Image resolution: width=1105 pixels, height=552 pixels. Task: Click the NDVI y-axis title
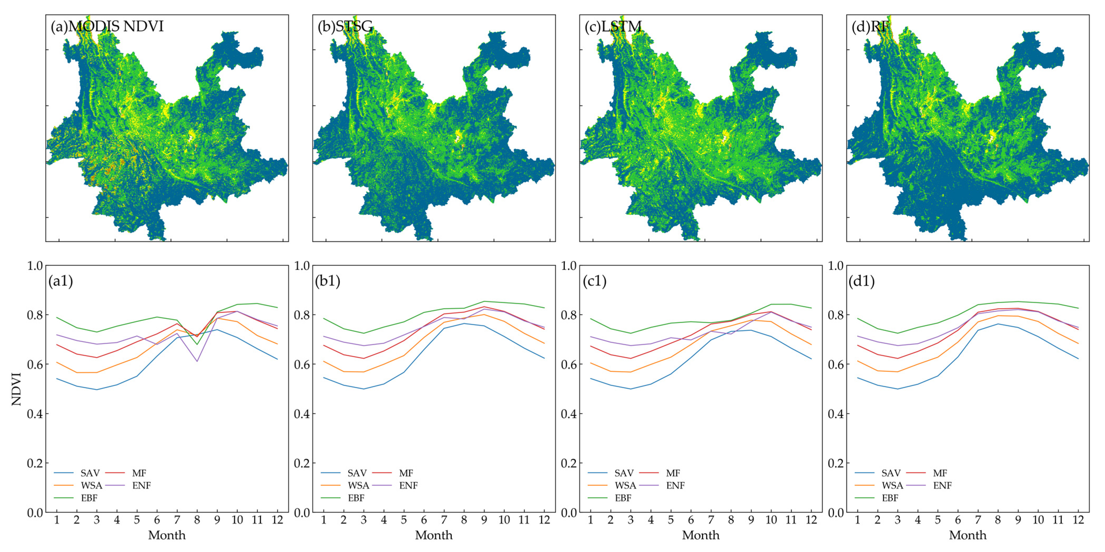click(x=16, y=389)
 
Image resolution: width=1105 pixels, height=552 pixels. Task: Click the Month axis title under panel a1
click(x=167, y=535)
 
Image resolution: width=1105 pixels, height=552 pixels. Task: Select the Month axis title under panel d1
click(x=968, y=535)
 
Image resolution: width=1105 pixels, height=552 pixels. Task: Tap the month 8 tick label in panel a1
click(x=197, y=520)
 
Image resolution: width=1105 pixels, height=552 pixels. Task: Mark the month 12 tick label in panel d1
click(x=1078, y=520)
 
